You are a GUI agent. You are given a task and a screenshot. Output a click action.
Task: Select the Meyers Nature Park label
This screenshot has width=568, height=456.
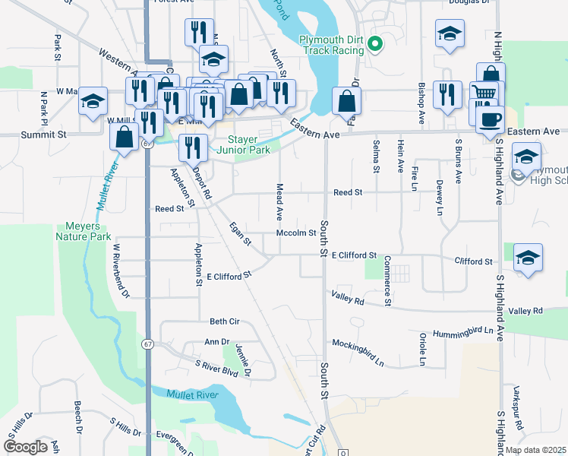(84, 231)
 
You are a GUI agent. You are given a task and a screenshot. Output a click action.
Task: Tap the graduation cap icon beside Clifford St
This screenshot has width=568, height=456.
(527, 257)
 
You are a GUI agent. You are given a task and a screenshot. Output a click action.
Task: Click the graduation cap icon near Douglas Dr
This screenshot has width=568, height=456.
(450, 33)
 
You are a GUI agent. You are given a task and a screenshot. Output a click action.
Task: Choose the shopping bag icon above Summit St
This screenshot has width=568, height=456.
(124, 137)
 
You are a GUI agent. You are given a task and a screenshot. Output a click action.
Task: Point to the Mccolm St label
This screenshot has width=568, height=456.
(295, 233)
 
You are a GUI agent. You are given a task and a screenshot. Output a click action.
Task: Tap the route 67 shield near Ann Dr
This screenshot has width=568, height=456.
(145, 344)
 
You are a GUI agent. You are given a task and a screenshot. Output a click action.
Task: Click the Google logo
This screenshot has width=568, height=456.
(25, 447)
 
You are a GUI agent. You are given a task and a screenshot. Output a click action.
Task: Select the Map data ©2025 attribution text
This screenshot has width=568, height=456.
(535, 450)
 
